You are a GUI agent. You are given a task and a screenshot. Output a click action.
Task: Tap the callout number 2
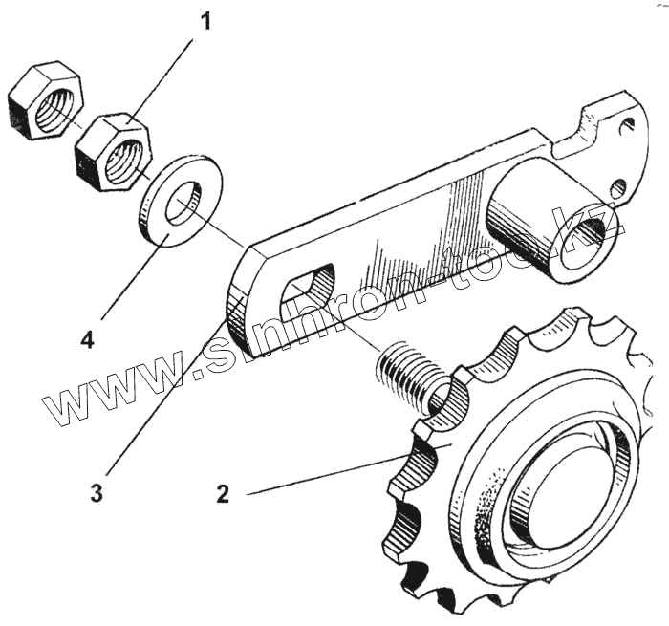click(223, 495)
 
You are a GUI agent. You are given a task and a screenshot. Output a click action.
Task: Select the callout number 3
click(97, 494)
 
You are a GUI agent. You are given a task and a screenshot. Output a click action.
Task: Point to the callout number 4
click(87, 339)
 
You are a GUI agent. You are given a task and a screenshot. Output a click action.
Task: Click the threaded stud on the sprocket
click(406, 373)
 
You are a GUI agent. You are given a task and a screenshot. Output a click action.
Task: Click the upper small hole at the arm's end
click(626, 124)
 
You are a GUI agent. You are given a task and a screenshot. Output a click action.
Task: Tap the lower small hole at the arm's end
click(618, 185)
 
